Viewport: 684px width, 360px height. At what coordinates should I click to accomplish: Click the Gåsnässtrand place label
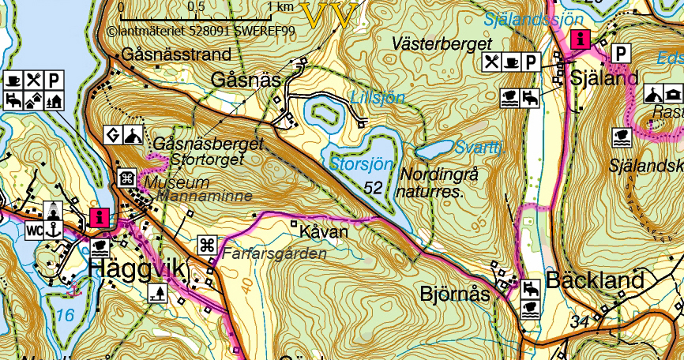coord(177,55)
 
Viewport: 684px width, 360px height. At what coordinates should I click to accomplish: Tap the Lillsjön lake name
coord(378,98)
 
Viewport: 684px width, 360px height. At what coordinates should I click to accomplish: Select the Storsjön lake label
coord(360,165)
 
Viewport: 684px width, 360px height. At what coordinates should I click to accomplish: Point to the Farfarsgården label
coord(274,254)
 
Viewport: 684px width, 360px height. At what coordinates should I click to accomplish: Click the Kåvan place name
coord(324,233)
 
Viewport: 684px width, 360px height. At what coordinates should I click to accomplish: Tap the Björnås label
coord(453,294)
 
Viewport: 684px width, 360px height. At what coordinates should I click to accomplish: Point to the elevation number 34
coord(579,321)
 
